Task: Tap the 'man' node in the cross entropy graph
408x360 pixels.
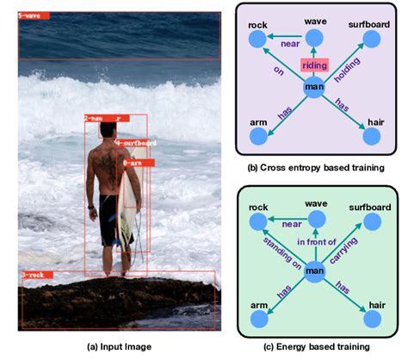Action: pos(314,87)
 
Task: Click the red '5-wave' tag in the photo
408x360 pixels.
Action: pos(34,16)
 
